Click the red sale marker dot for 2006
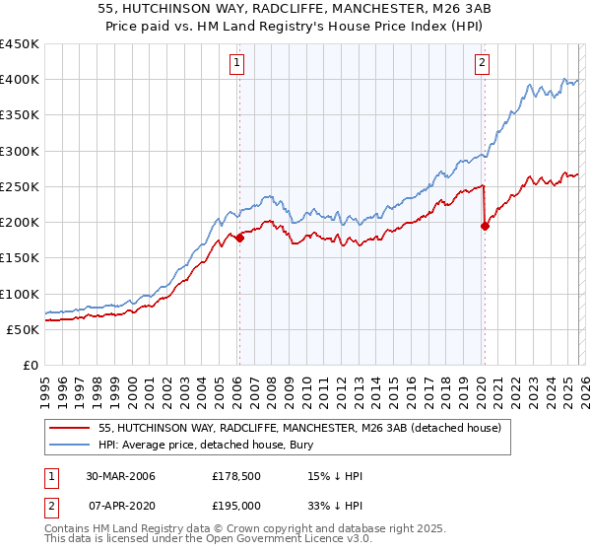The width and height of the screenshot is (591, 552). (x=239, y=238)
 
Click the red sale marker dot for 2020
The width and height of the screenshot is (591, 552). (x=484, y=226)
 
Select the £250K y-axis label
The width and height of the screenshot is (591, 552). (x=20, y=186)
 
